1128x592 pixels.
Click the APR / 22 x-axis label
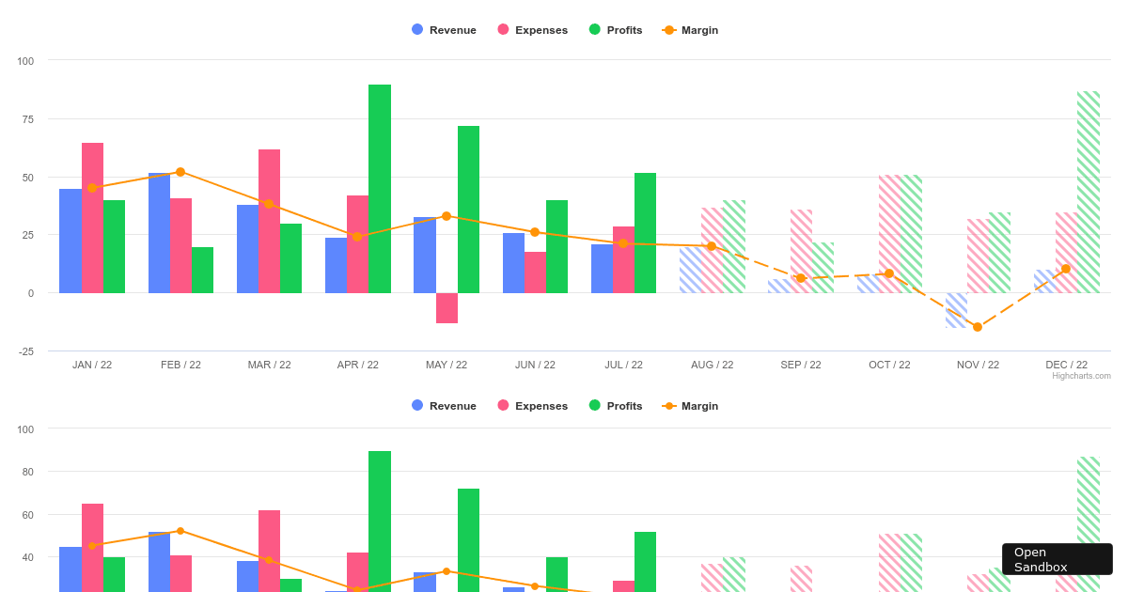357,365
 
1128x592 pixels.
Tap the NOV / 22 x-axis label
978,365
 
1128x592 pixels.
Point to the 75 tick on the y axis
24,119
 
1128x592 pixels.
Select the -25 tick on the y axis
24,351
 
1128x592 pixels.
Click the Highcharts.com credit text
1081,376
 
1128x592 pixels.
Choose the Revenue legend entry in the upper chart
444,30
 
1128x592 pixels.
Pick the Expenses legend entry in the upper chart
532,30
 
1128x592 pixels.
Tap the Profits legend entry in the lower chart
616,406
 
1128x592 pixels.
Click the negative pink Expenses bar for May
446,308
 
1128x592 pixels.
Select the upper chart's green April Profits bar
379,188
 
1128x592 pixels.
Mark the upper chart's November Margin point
978,327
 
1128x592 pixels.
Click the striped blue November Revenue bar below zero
956,310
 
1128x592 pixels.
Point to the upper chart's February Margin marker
180,172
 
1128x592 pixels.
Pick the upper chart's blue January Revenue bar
70,241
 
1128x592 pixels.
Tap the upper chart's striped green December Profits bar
1088,192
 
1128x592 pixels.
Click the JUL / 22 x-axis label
623,365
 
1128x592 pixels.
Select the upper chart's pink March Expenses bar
269,221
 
